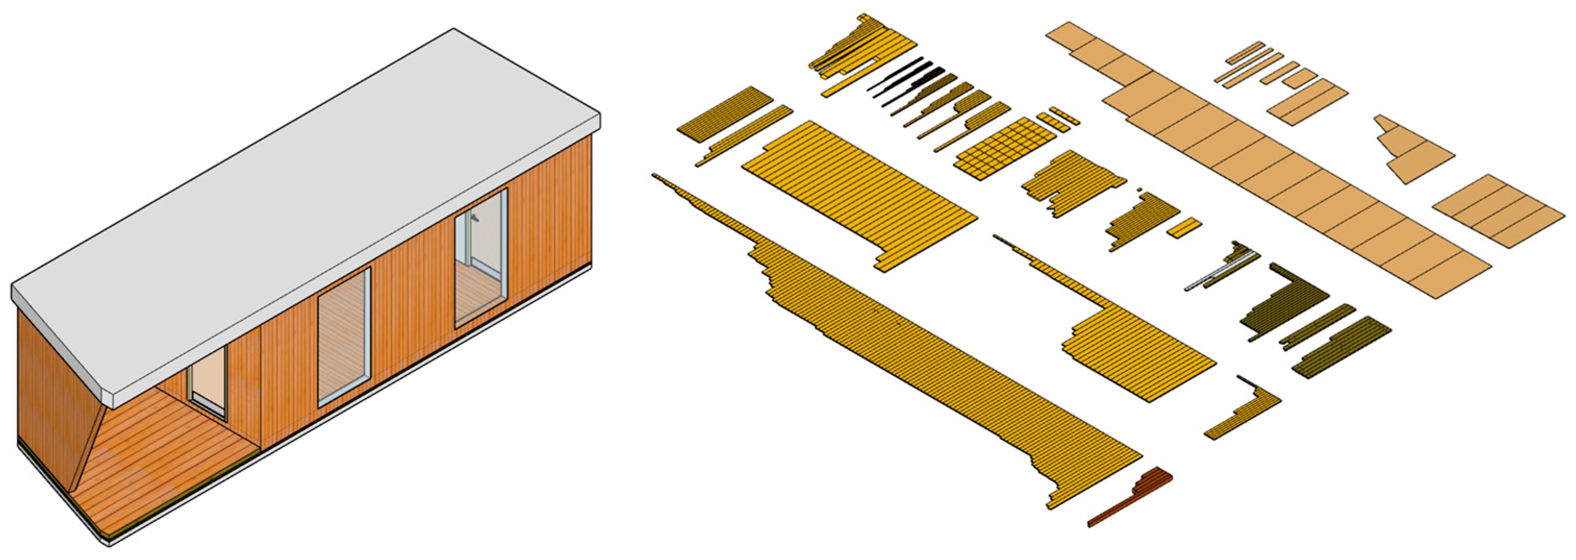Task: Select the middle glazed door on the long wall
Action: [x=344, y=338]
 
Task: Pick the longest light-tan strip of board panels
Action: [x=1266, y=159]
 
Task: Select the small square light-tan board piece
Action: [x=1300, y=78]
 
